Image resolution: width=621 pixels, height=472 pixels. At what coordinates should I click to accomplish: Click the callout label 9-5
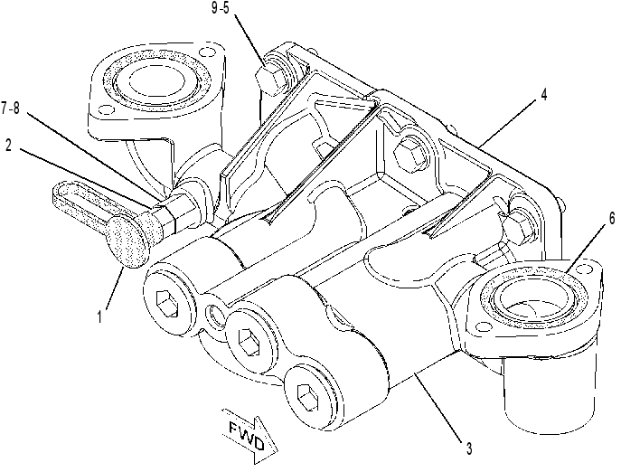click(x=221, y=8)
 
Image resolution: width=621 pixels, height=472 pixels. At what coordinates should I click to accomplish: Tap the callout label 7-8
click(x=10, y=108)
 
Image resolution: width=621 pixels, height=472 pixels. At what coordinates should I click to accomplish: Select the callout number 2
click(x=9, y=146)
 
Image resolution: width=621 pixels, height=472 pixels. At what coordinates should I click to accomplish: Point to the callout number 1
click(x=99, y=316)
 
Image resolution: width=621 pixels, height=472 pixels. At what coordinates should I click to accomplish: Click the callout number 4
click(x=543, y=94)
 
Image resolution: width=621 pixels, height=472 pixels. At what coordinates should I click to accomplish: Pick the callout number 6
click(x=612, y=218)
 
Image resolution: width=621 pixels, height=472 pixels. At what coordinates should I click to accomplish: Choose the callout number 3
click(x=469, y=448)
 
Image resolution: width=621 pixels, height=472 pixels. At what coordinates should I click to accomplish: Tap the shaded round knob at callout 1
click(x=127, y=241)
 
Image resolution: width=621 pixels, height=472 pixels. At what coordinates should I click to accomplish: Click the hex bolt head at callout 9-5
click(x=271, y=80)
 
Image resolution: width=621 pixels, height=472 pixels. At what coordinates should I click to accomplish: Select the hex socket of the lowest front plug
click(x=307, y=396)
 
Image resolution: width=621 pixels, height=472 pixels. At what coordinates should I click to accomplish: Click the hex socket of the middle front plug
click(x=250, y=340)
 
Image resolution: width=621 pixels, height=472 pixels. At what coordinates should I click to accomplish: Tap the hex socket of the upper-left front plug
click(x=169, y=304)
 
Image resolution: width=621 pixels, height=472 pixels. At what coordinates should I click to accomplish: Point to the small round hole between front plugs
click(x=214, y=315)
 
